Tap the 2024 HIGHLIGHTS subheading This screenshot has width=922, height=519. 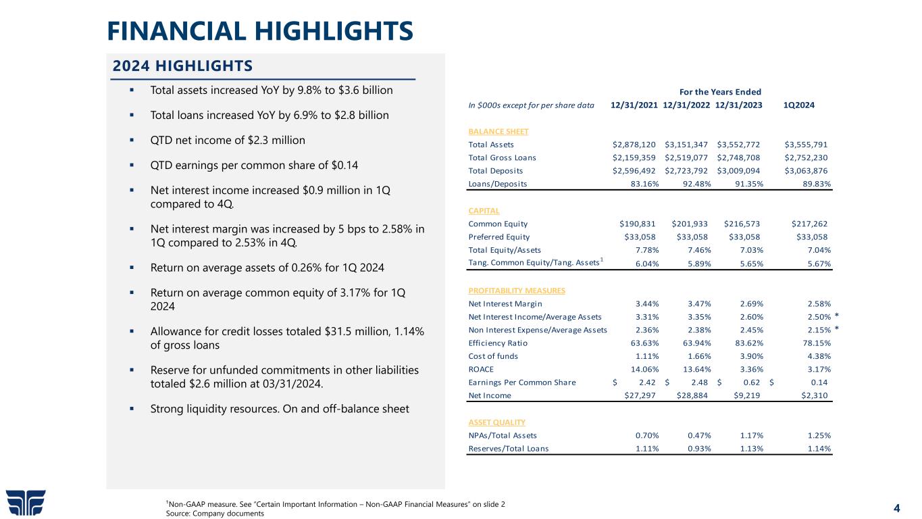click(x=182, y=66)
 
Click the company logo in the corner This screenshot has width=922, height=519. click(x=26, y=501)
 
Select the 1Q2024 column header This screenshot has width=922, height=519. click(x=798, y=105)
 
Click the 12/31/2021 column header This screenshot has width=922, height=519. click(x=634, y=105)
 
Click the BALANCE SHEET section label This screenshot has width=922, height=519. click(x=498, y=131)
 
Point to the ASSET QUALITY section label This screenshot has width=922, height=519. click(x=496, y=422)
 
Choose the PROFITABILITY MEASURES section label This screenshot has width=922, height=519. click(x=516, y=291)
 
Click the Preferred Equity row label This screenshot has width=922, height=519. click(x=498, y=237)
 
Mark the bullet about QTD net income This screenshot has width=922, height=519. click(x=228, y=141)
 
